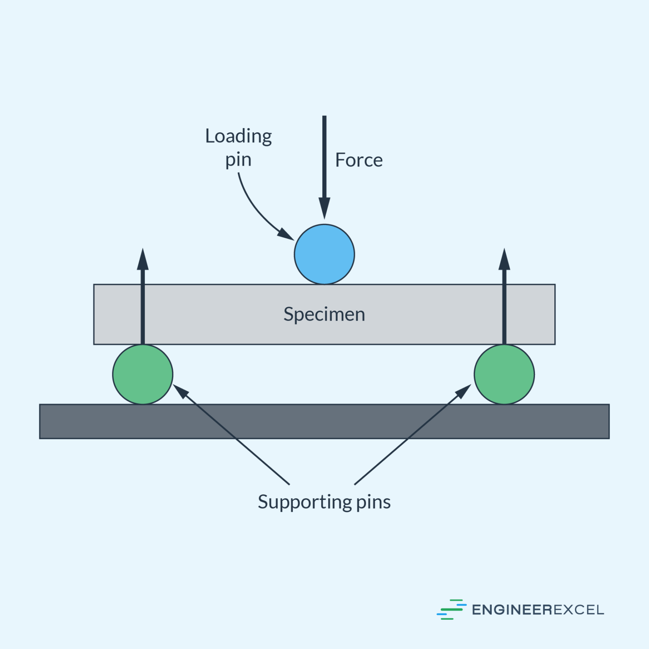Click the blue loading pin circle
pos(324,254)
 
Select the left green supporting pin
pos(143,374)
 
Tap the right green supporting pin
pos(504,374)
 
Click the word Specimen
pos(324,314)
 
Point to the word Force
pos(359,160)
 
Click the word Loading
pos(238,136)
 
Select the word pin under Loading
pos(238,160)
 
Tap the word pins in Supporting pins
pos(373,502)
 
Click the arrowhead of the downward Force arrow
pos(324,208)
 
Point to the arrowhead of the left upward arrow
pos(143,260)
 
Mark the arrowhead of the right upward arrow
pos(504,260)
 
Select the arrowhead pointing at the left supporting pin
pos(180,391)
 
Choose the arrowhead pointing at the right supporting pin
pos(464,391)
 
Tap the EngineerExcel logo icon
pos(451,609)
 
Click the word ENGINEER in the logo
pos(512,610)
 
